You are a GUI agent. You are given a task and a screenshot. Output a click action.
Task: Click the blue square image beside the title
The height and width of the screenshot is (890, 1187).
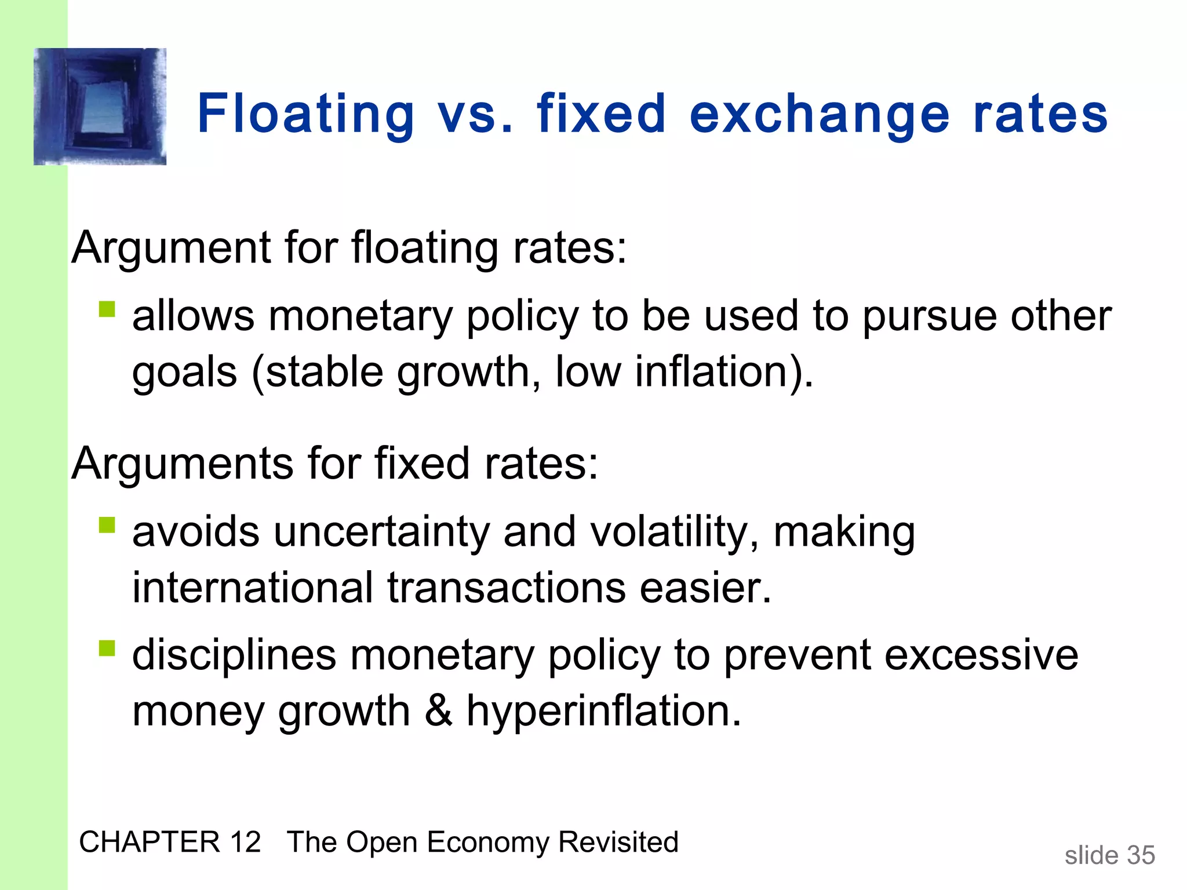100,107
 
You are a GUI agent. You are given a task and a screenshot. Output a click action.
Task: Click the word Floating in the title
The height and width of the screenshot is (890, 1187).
306,115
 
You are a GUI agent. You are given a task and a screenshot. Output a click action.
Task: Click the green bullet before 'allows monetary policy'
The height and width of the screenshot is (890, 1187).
107,309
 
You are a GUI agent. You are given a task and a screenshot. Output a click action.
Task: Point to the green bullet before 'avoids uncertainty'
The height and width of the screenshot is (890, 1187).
107,525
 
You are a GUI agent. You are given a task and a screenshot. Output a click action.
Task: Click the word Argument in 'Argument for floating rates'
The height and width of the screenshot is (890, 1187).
171,248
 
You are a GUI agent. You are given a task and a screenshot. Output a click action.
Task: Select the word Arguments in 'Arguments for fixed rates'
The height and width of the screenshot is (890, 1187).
183,464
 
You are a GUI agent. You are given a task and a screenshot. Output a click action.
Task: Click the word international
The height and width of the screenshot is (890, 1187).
252,588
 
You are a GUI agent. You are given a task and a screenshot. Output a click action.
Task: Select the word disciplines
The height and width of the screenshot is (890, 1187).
234,655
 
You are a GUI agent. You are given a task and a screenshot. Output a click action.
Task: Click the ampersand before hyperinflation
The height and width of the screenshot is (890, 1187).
438,711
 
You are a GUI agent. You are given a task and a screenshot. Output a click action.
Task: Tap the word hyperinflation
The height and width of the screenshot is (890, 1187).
603,712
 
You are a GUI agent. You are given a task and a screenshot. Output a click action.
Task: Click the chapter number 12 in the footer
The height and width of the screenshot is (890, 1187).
245,842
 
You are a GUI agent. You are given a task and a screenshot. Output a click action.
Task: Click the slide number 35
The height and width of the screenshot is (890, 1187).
1141,855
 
